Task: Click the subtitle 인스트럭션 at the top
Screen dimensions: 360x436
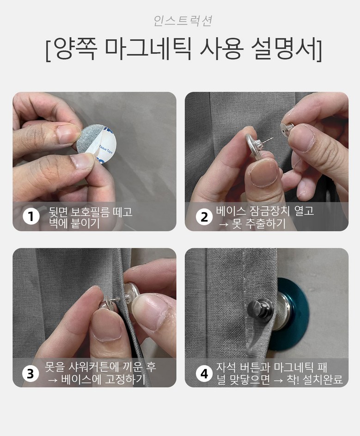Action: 183,21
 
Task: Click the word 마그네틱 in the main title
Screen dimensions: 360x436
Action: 148,49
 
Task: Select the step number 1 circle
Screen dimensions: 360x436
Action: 31,216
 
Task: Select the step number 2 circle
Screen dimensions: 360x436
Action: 204,217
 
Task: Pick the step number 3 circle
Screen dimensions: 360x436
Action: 31,374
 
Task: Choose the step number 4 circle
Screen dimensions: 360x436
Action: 204,374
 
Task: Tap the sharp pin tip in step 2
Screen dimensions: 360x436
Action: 273,138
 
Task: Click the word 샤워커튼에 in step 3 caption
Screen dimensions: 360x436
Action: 95,367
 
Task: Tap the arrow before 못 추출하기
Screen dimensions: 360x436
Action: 223,224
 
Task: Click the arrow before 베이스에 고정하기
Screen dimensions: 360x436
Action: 53,380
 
